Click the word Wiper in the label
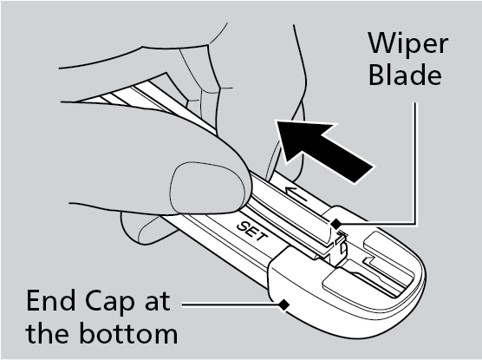408,44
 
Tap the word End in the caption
51,300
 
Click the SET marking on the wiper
252,232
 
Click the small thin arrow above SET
296,193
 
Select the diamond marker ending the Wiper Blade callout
336,224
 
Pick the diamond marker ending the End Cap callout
284,305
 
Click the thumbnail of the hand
206,187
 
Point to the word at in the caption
157,302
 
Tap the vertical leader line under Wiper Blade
415,163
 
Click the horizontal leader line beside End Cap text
231,305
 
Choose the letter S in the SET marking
243,226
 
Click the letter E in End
33,300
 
